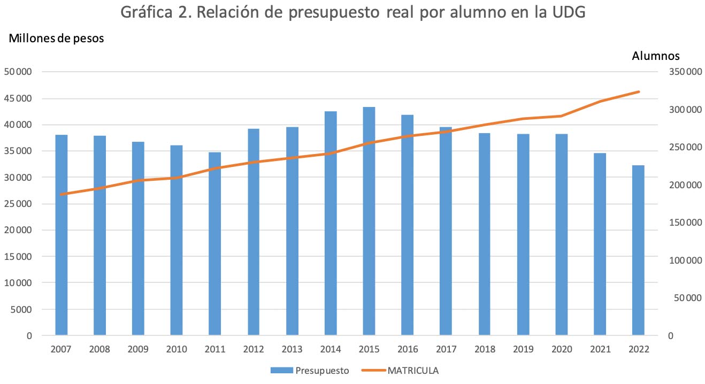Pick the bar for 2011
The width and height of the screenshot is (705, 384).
215,243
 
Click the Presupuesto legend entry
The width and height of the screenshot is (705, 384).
310,370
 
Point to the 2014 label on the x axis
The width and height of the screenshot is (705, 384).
331,349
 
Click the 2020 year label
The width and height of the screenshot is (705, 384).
561,349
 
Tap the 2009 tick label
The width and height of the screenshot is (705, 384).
138,349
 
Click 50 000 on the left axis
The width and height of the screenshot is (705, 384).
19,72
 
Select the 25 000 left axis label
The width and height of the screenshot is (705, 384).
19,204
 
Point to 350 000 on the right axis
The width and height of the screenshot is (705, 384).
685,72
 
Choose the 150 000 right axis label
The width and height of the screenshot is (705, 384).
685,222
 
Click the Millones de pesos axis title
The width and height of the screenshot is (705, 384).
56,38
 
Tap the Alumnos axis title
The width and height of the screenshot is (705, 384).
656,56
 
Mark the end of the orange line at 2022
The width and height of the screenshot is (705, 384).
638,92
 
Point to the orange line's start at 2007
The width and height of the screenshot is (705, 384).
62,194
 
